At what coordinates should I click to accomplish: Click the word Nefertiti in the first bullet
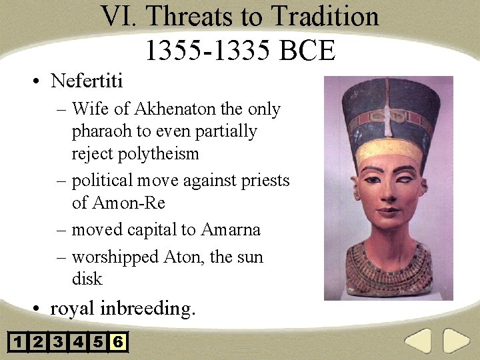pyautogui.click(x=87, y=81)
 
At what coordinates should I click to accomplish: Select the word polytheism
pyautogui.click(x=159, y=154)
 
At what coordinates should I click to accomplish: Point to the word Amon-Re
pyautogui.click(x=127, y=203)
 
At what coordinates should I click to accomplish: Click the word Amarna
pyautogui.click(x=229, y=230)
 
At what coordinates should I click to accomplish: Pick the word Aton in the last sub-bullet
pyautogui.click(x=184, y=257)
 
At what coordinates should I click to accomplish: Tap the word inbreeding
pyautogui.click(x=147, y=309)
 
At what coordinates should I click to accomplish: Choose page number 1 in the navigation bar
pyautogui.click(x=18, y=343)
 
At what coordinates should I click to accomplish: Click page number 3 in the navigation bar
pyautogui.click(x=58, y=343)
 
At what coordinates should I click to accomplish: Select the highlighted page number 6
pyautogui.click(x=118, y=343)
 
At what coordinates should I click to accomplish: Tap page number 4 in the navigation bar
pyautogui.click(x=78, y=343)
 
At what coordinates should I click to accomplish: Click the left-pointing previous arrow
pyautogui.click(x=419, y=341)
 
